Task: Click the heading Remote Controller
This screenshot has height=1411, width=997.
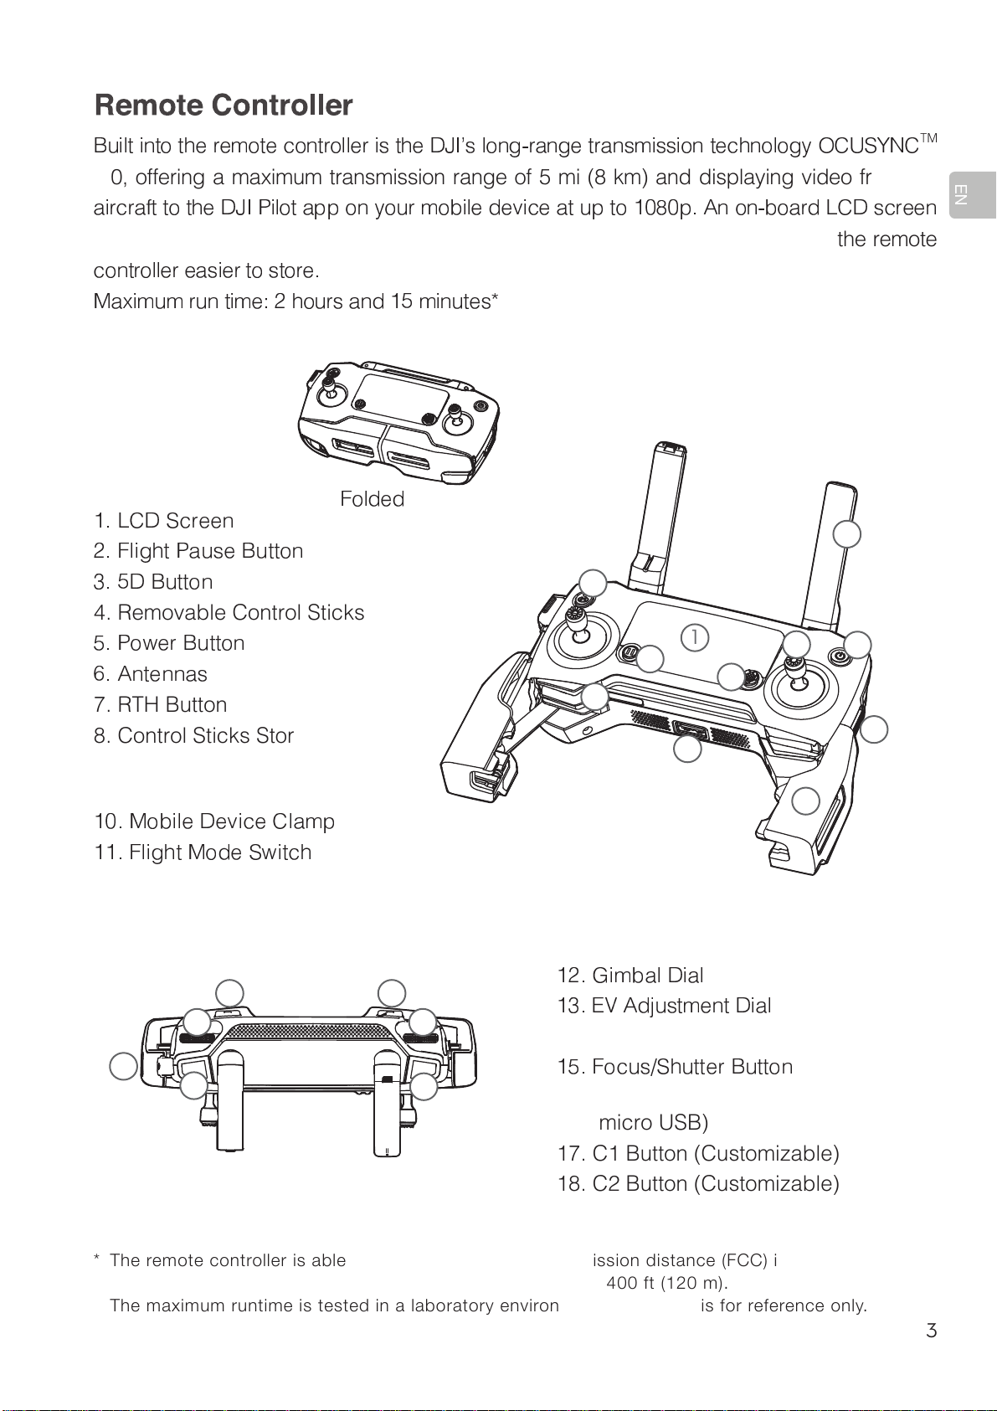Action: [224, 106]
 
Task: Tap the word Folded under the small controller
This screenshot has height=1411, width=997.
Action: [372, 499]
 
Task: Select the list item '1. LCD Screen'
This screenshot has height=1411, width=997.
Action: [164, 521]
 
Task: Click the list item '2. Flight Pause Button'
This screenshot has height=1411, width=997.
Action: [198, 551]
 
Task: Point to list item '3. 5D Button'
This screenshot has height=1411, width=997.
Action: [153, 582]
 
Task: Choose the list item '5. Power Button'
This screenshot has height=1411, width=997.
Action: [169, 643]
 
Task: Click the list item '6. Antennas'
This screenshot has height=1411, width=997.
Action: [151, 674]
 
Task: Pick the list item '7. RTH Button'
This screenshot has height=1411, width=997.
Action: [161, 705]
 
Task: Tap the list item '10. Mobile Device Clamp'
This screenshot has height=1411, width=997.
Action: [214, 821]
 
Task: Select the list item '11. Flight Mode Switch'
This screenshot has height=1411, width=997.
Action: [203, 852]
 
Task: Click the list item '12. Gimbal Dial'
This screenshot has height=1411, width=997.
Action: [630, 976]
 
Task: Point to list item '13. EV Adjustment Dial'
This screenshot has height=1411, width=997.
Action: [664, 1006]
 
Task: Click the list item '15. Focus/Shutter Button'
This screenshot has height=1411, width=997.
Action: [675, 1067]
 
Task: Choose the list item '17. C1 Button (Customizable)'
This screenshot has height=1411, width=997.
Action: [698, 1154]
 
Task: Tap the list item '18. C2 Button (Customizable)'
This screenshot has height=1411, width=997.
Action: [698, 1184]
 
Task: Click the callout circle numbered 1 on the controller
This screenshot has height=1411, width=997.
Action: [694, 637]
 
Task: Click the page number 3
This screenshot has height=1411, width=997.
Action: [931, 1331]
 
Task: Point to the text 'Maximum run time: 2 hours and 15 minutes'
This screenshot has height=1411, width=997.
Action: [296, 301]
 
